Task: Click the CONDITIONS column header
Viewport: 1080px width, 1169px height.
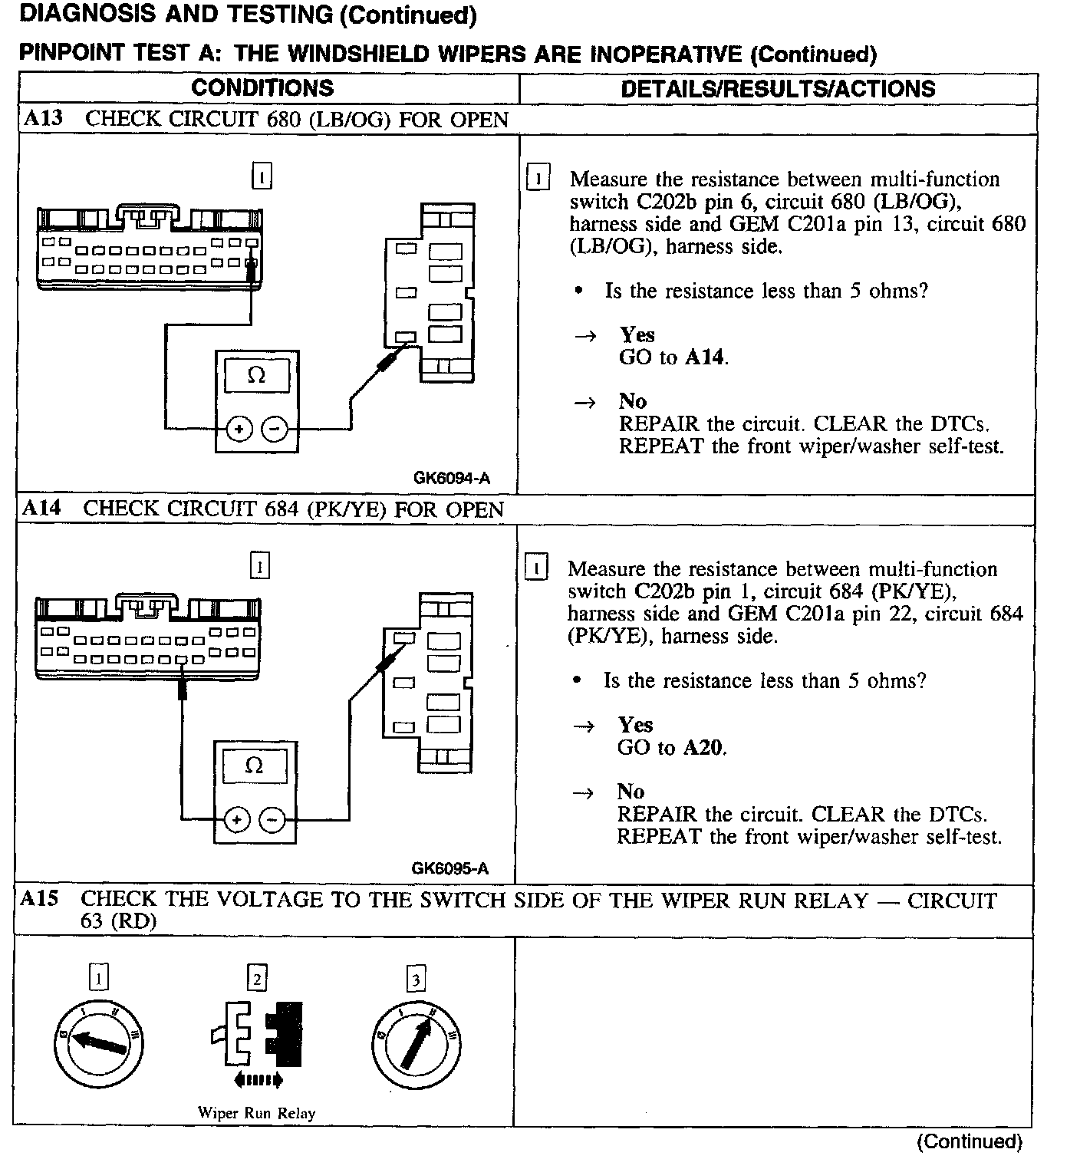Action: tap(262, 87)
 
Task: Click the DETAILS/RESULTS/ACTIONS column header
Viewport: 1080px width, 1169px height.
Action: tap(778, 88)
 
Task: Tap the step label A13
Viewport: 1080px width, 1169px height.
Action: tap(44, 119)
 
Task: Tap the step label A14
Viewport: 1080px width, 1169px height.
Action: tap(42, 509)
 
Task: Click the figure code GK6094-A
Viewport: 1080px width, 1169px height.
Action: tap(452, 478)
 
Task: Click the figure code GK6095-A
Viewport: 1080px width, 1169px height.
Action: tap(450, 868)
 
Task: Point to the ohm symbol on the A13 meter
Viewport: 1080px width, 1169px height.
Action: tap(256, 376)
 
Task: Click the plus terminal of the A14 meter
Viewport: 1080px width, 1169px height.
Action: tap(237, 820)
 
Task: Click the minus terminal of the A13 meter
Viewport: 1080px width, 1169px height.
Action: tap(275, 430)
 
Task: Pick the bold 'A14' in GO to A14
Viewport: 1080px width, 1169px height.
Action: tap(705, 357)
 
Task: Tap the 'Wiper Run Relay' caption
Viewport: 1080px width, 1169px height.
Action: tap(256, 1113)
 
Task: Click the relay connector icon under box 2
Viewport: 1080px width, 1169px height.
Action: tap(257, 1035)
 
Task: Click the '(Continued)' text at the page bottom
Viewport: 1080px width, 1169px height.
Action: tap(969, 1142)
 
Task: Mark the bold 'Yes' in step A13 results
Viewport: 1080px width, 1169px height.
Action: tap(637, 335)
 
